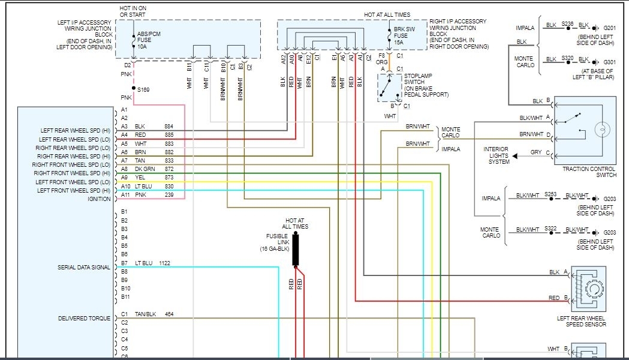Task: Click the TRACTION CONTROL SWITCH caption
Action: pyautogui.click(x=589, y=172)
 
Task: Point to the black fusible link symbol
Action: pyautogui.click(x=296, y=250)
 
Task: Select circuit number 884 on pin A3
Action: pyautogui.click(x=169, y=127)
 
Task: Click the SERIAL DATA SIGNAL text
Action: pyautogui.click(x=84, y=267)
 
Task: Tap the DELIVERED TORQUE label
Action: pyautogui.click(x=84, y=318)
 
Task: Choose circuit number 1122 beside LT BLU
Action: pyautogui.click(x=165, y=263)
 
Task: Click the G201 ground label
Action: pyautogui.click(x=610, y=28)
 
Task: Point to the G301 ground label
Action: pyautogui.click(x=610, y=62)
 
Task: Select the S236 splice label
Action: pyautogui.click(x=568, y=24)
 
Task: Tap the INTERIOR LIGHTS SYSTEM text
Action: pyautogui.click(x=498, y=155)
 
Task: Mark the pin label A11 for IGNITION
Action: pyautogui.click(x=125, y=195)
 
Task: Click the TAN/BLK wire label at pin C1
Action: pyautogui.click(x=146, y=314)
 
